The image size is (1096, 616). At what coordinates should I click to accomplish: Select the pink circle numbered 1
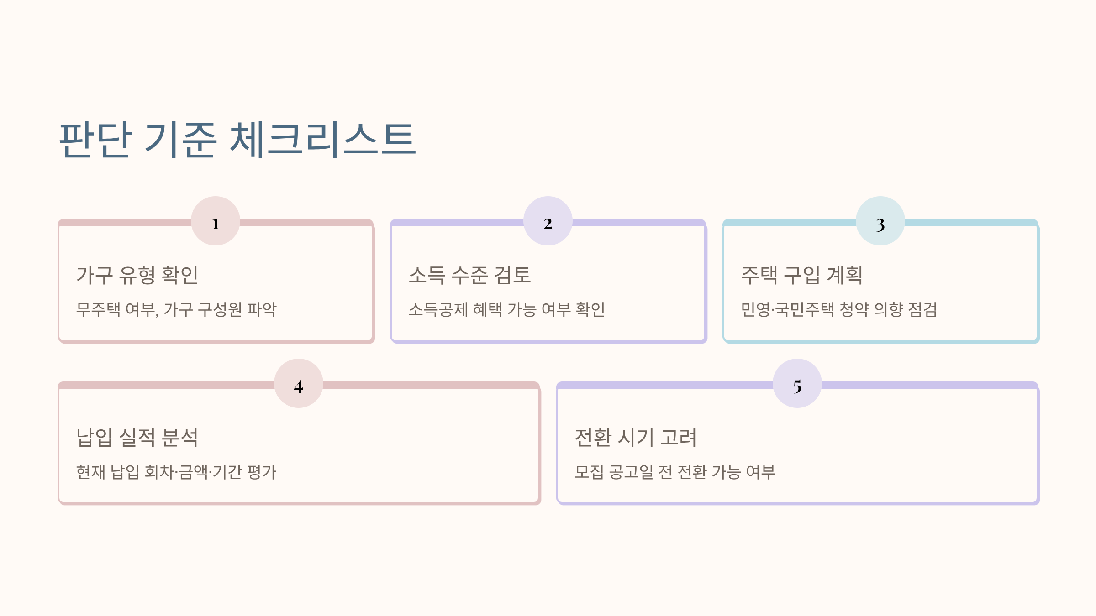click(x=216, y=221)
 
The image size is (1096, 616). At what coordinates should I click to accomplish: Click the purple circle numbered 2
click(x=548, y=221)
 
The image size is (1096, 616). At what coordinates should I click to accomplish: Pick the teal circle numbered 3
click(x=880, y=221)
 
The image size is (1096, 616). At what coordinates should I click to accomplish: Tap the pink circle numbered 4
click(x=299, y=384)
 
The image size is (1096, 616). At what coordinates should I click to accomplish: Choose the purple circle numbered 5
click(x=797, y=384)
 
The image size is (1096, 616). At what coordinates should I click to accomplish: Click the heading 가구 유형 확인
click(x=137, y=275)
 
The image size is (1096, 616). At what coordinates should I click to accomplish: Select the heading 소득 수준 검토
click(x=469, y=275)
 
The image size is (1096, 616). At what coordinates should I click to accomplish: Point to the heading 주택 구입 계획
click(x=802, y=275)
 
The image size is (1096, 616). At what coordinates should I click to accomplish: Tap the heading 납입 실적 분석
click(x=137, y=438)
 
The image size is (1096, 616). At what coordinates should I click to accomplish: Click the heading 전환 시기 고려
click(x=636, y=438)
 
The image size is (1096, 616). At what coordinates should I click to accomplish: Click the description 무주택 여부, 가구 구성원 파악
click(x=176, y=310)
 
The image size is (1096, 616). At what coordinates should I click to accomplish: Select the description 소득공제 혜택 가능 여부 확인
click(x=506, y=310)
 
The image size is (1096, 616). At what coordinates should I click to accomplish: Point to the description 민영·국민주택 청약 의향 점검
click(x=839, y=310)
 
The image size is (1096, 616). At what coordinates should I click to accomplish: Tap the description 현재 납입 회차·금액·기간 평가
click(x=176, y=472)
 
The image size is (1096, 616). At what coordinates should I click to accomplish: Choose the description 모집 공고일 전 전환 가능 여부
click(x=675, y=472)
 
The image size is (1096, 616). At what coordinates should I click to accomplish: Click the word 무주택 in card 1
click(x=98, y=310)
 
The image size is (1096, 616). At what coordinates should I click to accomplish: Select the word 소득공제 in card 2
click(x=438, y=310)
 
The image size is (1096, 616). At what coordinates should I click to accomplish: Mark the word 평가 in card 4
click(x=261, y=472)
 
